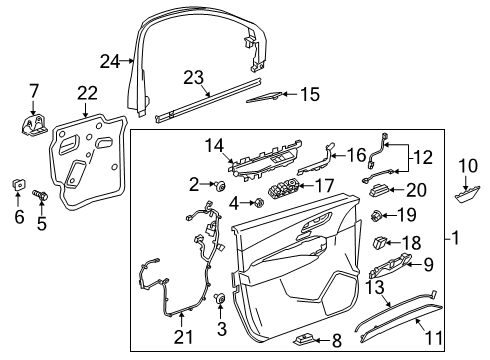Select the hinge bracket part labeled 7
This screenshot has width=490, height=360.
(32, 125)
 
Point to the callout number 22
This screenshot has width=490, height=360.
(89, 93)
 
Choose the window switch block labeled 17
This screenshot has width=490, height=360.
(281, 189)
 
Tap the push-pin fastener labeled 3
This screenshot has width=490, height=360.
(218, 299)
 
